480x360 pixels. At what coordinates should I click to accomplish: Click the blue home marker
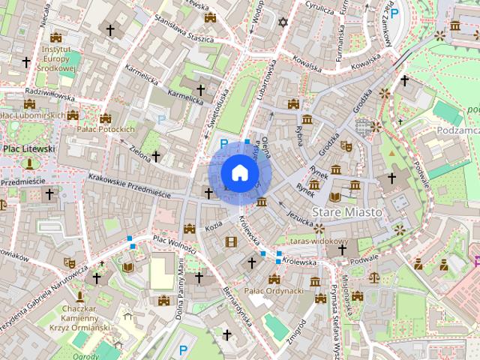click(x=239, y=173)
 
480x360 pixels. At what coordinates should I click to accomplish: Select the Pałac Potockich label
click(x=106, y=129)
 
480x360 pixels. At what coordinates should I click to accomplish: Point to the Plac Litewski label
click(x=29, y=148)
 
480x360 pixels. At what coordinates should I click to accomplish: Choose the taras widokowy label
click(x=319, y=241)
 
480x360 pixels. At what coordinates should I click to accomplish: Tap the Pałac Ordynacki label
click(x=274, y=290)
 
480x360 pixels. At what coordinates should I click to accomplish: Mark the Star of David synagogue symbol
click(x=283, y=22)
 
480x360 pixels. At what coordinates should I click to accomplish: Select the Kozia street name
click(x=214, y=224)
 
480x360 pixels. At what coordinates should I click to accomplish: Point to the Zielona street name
click(x=139, y=151)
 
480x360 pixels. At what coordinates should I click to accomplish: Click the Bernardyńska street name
click(x=235, y=307)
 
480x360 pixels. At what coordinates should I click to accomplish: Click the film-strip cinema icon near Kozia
click(x=231, y=241)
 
